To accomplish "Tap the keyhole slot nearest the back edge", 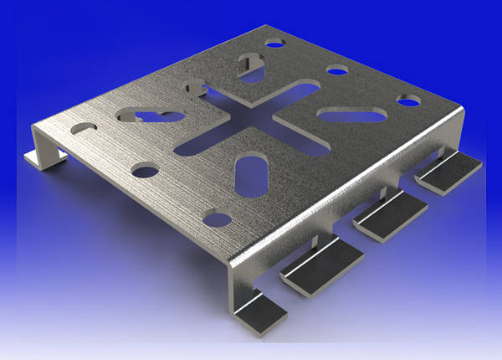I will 250,65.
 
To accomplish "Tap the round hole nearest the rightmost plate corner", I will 407,101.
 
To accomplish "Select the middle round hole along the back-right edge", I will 337,70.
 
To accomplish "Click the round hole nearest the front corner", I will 218,220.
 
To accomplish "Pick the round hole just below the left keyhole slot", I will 145,171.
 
